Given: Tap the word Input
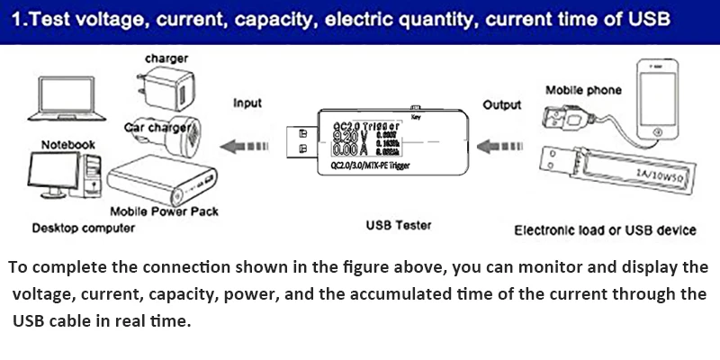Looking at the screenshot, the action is coord(247,103).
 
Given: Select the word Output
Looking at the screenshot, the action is coord(501,105).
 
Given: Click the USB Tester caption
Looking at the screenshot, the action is coord(400,225).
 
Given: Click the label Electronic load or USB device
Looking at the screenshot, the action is coord(605,230).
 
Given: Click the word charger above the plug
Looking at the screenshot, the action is coord(167,58).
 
